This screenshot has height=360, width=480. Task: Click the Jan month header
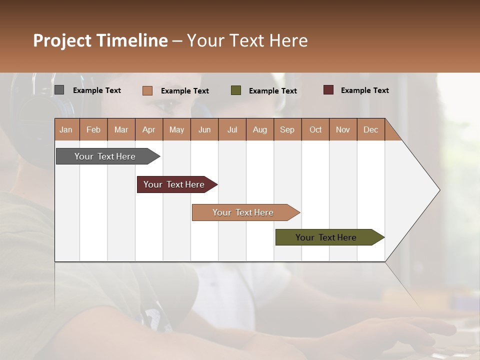click(x=66, y=129)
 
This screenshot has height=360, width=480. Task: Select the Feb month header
click(x=93, y=129)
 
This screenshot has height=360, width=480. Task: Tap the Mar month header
click(x=121, y=129)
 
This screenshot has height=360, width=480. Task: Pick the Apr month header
click(x=149, y=129)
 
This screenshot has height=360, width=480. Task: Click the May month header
click(x=176, y=129)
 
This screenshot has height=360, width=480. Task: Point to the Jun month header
click(x=204, y=129)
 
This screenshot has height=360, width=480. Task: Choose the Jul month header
click(x=232, y=129)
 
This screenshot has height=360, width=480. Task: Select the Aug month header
click(x=260, y=129)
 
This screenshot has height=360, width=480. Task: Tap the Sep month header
click(x=287, y=129)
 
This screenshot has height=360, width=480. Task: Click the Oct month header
click(x=315, y=129)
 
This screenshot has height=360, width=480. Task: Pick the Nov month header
click(x=343, y=129)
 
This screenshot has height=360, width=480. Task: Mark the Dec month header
click(x=371, y=129)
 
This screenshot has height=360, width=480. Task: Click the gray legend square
click(x=59, y=90)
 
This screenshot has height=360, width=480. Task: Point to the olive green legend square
click(x=236, y=90)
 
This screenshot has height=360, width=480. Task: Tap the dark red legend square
click(x=328, y=90)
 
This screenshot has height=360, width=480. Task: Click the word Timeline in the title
click(x=132, y=40)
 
